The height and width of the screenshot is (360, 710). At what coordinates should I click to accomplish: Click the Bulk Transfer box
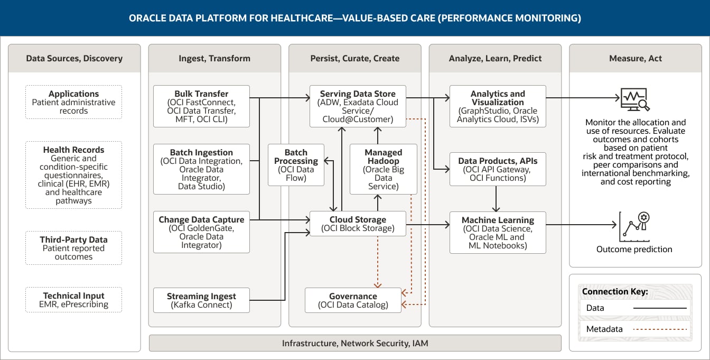pyautogui.click(x=201, y=106)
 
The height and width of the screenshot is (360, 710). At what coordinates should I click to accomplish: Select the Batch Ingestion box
pyautogui.click(x=201, y=169)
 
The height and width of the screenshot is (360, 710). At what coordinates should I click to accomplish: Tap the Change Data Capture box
pyautogui.click(x=201, y=232)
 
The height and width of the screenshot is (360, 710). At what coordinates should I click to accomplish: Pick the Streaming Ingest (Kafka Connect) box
pyautogui.click(x=201, y=300)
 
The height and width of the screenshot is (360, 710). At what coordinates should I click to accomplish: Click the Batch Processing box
pyautogui.click(x=296, y=165)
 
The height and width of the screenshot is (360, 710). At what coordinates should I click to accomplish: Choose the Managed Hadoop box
pyautogui.click(x=384, y=169)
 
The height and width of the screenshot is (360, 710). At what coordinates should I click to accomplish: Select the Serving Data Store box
pyautogui.click(x=357, y=106)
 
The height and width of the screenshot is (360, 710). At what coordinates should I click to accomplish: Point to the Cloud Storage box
pyautogui.click(x=357, y=224)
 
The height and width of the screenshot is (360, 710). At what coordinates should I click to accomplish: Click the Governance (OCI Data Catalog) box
pyautogui.click(x=353, y=300)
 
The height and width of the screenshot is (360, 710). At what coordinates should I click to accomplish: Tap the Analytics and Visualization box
pyautogui.click(x=498, y=106)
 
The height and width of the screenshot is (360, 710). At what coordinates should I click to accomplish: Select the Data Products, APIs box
pyautogui.click(x=498, y=169)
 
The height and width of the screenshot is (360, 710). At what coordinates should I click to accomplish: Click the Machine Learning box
pyautogui.click(x=498, y=232)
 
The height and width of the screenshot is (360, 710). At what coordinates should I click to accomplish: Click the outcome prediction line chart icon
pyautogui.click(x=634, y=226)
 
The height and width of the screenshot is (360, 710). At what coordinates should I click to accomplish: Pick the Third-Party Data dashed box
pyautogui.click(x=73, y=248)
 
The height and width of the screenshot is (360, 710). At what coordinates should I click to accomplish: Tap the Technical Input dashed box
pyautogui.click(x=73, y=300)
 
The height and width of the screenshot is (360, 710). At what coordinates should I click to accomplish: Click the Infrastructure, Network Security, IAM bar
pyautogui.click(x=354, y=343)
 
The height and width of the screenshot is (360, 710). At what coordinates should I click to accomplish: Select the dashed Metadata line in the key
pyautogui.click(x=661, y=329)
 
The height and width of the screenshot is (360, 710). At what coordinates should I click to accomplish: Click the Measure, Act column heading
pyautogui.click(x=635, y=58)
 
